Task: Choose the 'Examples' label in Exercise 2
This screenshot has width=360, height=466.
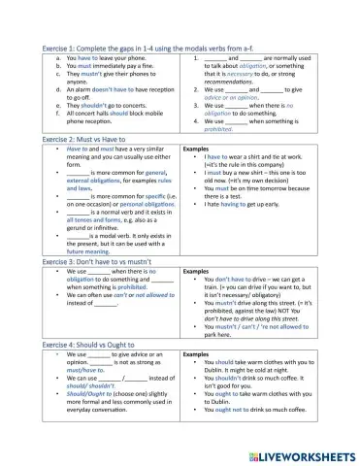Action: tap(197, 150)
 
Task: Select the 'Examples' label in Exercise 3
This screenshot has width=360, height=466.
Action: tap(197, 272)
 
